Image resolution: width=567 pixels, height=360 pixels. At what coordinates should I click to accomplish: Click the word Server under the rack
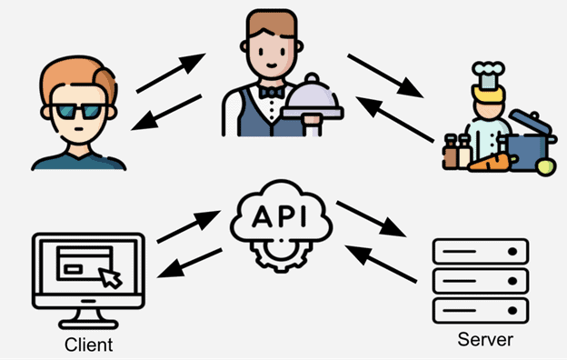[485, 340]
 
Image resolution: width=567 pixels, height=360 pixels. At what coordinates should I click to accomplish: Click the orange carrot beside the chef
[492, 165]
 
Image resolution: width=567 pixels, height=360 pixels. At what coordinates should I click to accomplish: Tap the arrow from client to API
[187, 226]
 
